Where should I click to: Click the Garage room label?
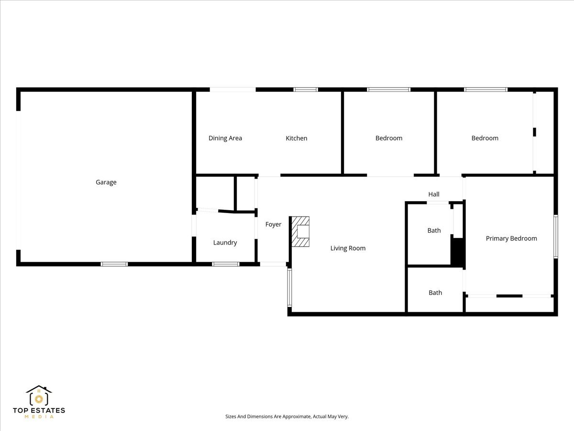[106, 182]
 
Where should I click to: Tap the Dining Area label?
[225, 138]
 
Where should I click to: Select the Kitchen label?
[296, 138]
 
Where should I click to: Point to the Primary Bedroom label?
[511, 238]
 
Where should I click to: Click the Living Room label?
[348, 248]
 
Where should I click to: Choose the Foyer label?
[273, 224]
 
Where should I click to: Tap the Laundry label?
[225, 242]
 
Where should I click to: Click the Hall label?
[433, 194]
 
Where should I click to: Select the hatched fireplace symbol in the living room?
[300, 232]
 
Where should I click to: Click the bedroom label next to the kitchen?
[388, 138]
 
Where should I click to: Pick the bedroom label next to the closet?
[485, 138]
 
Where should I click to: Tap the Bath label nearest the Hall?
[434, 230]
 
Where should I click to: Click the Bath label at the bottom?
[435, 293]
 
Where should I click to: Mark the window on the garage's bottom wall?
[114, 264]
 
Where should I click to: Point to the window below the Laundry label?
[225, 264]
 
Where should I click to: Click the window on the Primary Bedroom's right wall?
[555, 237]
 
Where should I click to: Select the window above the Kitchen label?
[305, 90]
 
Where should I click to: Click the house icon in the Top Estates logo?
[39, 396]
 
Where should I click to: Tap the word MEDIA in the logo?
[39, 417]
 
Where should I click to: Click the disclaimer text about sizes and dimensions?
[287, 417]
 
